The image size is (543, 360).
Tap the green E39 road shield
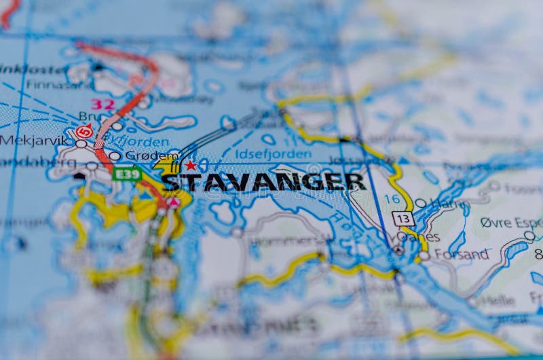pyautogui.click(x=127, y=175)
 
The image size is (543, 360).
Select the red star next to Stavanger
pyautogui.click(x=191, y=165)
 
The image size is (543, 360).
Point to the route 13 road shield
pyautogui.click(x=403, y=219)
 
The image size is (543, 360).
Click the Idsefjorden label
pyautogui.click(x=263, y=154)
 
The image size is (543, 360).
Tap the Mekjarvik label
pyautogui.click(x=35, y=141)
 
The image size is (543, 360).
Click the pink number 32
pyautogui.click(x=102, y=104)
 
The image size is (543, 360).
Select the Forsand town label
pyautogui.click(x=462, y=255)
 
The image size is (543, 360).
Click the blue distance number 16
pyautogui.click(x=392, y=199)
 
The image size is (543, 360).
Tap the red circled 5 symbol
pyautogui.click(x=84, y=132)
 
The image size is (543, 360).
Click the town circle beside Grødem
pyautogui.click(x=115, y=156)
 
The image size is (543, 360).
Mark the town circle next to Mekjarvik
pyautogui.click(x=81, y=143)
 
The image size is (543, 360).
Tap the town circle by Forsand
pyautogui.click(x=424, y=255)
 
